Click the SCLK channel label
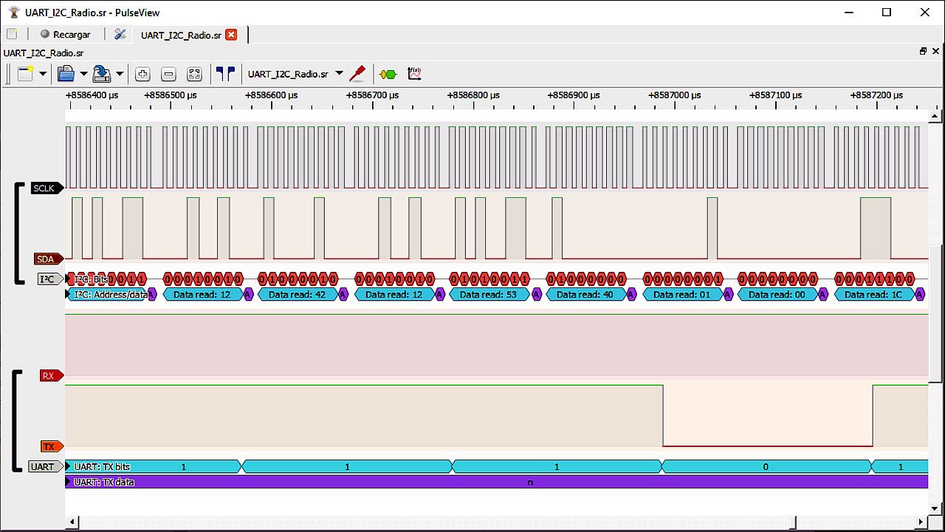45,188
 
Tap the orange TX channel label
49,447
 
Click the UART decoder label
44,467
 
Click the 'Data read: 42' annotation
298,294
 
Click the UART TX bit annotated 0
766,467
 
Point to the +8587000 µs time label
677,95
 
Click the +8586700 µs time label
374,95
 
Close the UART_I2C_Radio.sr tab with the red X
231,35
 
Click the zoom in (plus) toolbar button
143,74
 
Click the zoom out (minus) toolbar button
168,74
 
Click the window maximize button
887,13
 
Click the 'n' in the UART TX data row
530,482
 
